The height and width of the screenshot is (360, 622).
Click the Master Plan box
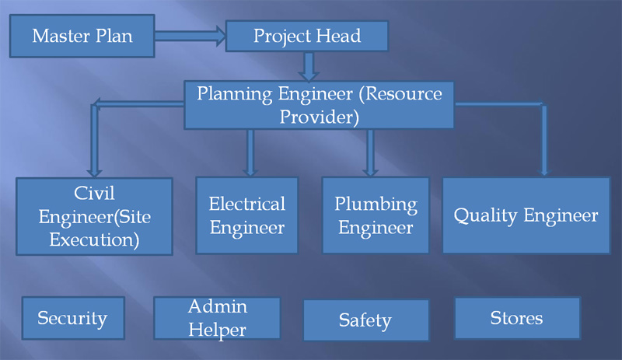(82, 36)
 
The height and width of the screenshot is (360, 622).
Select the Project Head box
(307, 36)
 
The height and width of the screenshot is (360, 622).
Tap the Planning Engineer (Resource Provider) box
(320, 105)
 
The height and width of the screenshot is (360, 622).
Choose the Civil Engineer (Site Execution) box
(94, 216)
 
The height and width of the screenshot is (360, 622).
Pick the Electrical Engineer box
(246, 215)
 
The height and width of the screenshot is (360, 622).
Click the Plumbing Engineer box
(376, 215)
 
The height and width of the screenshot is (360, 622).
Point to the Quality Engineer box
(526, 215)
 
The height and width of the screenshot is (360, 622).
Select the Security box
(73, 318)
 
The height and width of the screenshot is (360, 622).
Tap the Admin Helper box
(217, 318)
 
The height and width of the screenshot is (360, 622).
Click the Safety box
(365, 320)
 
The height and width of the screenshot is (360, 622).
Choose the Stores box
(517, 318)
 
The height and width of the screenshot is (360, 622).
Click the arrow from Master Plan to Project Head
(190, 36)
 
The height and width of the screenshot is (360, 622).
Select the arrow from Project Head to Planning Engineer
(309, 67)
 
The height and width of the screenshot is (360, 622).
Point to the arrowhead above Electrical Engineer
(250, 172)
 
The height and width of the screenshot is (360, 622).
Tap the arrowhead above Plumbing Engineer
(370, 172)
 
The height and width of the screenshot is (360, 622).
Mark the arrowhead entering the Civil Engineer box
(94, 173)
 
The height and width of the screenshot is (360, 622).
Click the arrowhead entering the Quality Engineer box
(544, 172)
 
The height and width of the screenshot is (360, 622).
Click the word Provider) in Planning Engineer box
(320, 117)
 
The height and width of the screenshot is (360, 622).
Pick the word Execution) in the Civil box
(94, 240)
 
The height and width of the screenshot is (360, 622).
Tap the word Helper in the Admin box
(217, 330)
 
